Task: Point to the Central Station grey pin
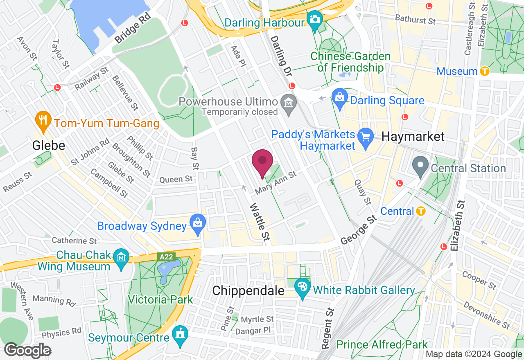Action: [420, 166]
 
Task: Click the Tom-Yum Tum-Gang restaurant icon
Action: [43, 120]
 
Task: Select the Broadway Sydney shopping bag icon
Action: [198, 223]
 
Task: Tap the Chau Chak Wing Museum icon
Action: [122, 258]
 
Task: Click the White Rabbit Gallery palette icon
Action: [303, 287]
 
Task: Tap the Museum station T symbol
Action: [485, 71]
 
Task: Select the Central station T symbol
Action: [420, 211]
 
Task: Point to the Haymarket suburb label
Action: [413, 137]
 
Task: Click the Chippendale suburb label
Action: [248, 291]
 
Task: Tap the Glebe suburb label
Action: [49, 145]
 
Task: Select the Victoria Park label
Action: [160, 299]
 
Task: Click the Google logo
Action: [27, 351]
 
